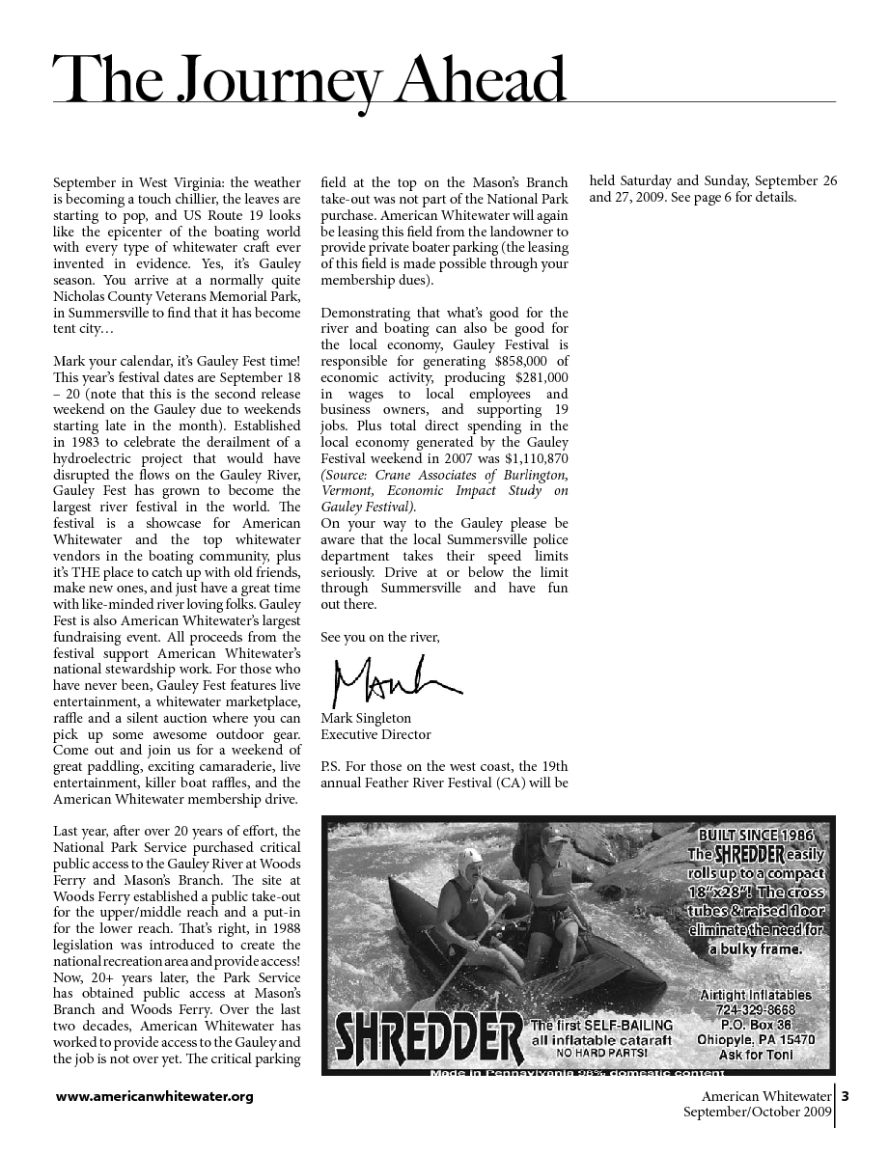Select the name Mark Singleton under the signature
[366, 718]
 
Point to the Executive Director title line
[375, 734]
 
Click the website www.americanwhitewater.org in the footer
[154, 1096]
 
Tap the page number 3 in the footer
[846, 1096]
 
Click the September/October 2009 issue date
[758, 1113]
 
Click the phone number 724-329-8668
[757, 1010]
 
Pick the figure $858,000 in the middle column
[517, 362]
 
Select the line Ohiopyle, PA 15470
[756, 1040]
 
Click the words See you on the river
[379, 637]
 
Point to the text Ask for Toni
[757, 1055]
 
